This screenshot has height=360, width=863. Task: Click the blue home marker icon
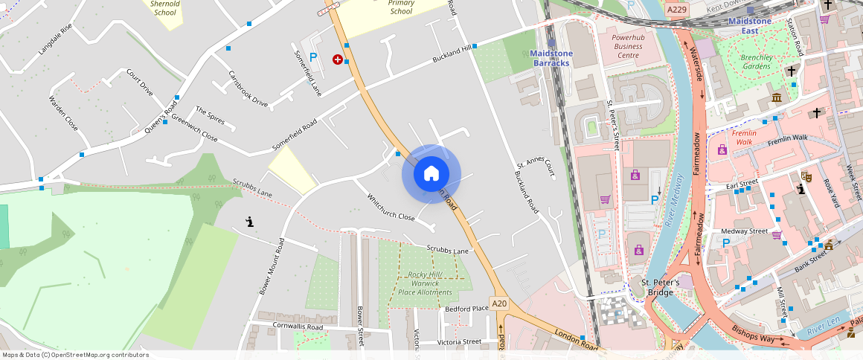tap(431, 174)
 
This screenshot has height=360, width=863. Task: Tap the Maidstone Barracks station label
tap(551, 58)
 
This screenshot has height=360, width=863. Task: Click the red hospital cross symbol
tap(338, 59)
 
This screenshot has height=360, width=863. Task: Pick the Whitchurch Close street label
tap(391, 208)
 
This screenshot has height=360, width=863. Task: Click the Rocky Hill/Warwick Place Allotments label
tap(426, 283)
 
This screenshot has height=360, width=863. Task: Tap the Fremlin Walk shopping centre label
tap(745, 137)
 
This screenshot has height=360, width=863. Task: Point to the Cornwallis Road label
tap(298, 327)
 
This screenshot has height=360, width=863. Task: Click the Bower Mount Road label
tap(272, 266)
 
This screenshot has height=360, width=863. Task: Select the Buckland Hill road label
tap(453, 54)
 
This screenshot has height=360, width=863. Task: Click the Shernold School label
tap(164, 7)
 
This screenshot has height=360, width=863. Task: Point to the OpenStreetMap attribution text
tap(75, 355)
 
